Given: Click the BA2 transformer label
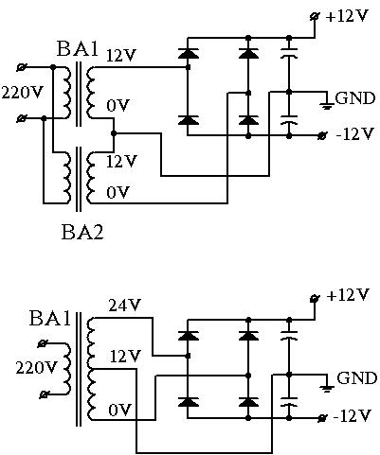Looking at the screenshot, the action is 82,233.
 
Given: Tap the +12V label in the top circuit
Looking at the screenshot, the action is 347,16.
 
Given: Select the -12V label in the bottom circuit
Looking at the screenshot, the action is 352,416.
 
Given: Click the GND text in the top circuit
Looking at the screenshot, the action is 355,98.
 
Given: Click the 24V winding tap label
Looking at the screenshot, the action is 124,306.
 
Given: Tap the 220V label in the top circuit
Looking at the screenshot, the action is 22,92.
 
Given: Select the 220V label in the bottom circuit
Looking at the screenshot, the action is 36,367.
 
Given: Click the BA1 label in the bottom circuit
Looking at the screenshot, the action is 50,318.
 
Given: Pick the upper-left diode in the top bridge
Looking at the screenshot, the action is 189,53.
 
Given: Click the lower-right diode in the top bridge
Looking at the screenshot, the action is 248,120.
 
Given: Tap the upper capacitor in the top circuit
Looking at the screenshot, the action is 289,53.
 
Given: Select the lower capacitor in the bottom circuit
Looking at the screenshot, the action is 289,401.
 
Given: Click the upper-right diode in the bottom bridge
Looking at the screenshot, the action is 248,335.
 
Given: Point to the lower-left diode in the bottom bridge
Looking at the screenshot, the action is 189,402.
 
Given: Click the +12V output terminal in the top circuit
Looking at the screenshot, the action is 315,17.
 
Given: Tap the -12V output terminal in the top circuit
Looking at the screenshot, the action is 322,136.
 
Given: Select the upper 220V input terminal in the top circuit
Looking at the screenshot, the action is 21,67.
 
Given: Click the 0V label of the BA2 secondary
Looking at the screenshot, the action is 118,192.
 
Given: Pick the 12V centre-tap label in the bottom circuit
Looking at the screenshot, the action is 125,357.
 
